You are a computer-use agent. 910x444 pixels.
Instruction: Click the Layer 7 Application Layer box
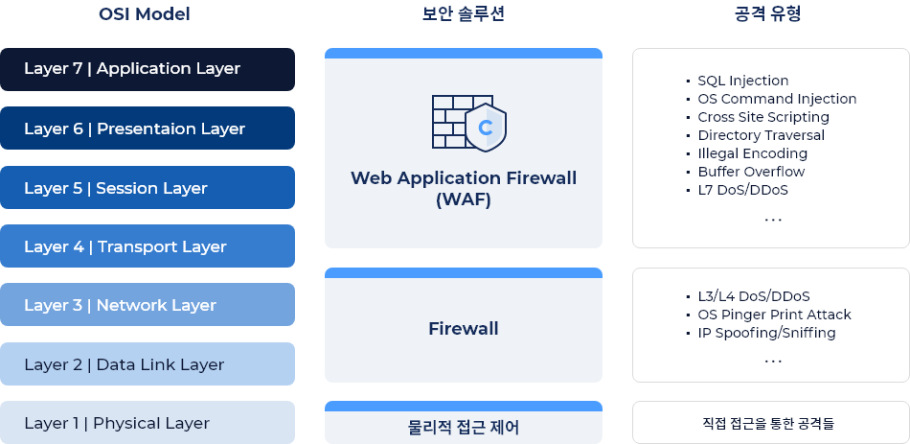coord(148,69)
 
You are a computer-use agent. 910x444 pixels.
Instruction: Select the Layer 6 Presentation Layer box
coord(148,129)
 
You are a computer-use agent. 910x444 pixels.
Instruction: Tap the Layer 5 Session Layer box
coord(148,188)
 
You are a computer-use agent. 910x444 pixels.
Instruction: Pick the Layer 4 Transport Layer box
coord(148,246)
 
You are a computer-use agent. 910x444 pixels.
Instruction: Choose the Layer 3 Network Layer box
coord(148,305)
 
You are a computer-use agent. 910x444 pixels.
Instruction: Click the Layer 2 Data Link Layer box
coord(148,364)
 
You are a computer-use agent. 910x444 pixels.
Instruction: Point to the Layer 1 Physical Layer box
coord(148,423)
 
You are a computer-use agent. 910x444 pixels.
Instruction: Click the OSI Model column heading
coord(145,14)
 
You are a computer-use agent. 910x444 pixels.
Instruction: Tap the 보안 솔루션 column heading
coord(463,14)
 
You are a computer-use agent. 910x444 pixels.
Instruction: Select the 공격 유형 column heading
coord(770,14)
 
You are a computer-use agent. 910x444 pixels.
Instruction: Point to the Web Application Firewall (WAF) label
coord(464,189)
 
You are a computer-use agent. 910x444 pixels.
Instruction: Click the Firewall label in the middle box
coord(464,329)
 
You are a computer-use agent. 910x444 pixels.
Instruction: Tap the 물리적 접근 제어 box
coord(464,424)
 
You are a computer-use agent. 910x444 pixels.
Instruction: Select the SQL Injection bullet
coord(742,82)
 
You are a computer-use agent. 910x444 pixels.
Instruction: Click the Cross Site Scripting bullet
coord(762,117)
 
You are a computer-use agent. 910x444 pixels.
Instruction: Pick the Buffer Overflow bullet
coord(751,172)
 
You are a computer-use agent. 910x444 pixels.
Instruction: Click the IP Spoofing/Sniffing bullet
coord(766,333)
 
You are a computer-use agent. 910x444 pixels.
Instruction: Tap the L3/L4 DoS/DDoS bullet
coord(754,296)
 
